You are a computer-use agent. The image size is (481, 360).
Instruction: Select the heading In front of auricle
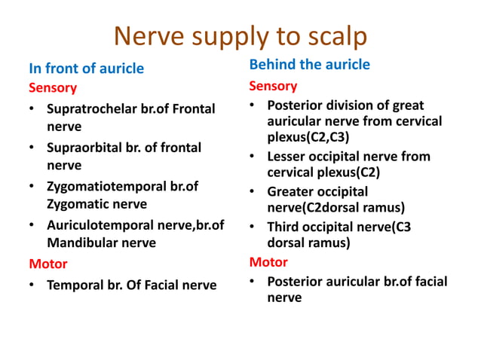point(86,69)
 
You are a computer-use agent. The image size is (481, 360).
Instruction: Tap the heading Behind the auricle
point(309,65)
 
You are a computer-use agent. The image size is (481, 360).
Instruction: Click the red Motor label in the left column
point(47,264)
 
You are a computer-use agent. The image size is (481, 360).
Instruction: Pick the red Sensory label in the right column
point(273,86)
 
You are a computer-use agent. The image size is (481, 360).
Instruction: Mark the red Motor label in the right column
point(268,262)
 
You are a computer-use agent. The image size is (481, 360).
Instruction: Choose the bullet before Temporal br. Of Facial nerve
point(33,285)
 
